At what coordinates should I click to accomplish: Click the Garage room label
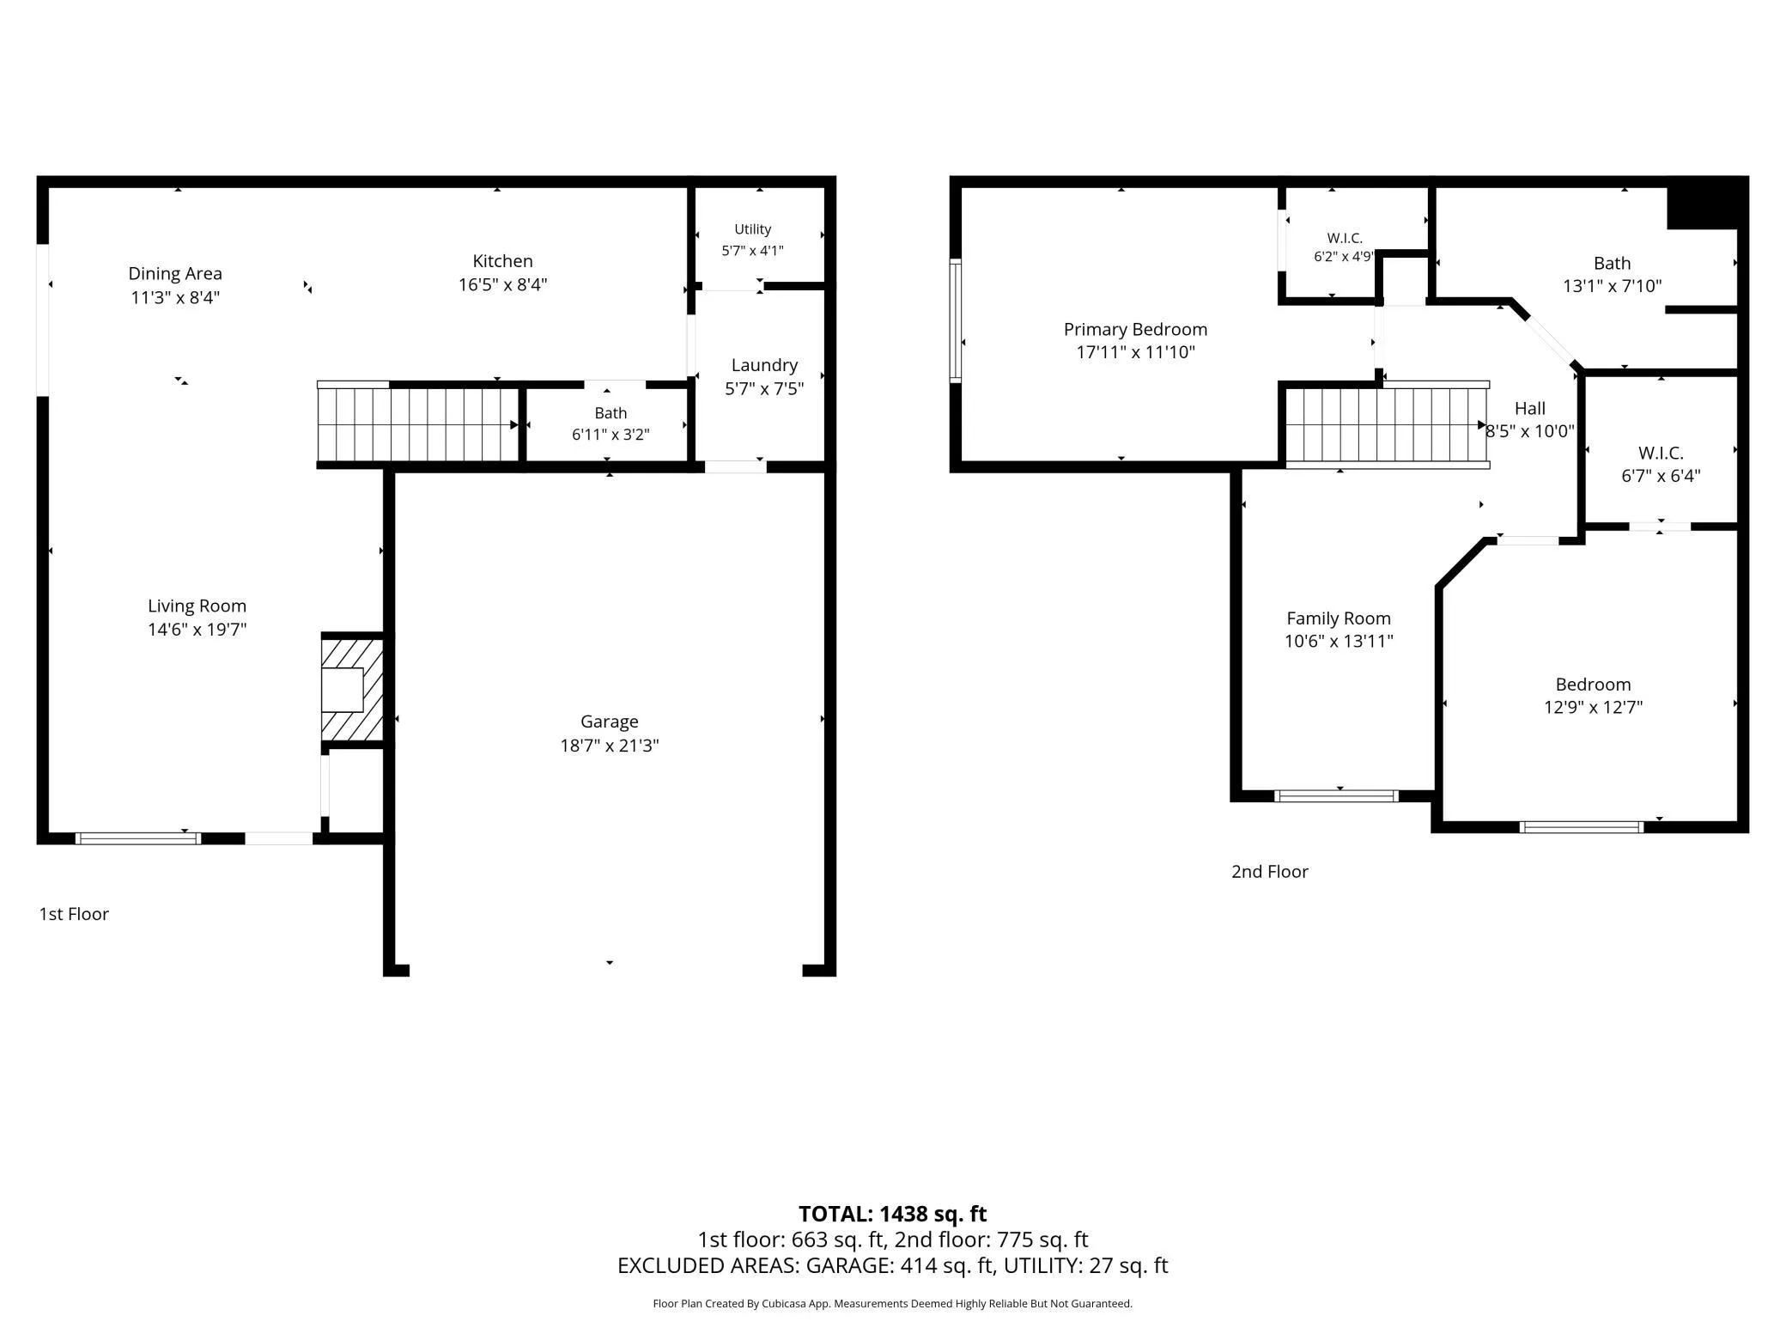coord(609,722)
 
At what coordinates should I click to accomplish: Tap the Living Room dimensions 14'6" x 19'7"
coord(197,630)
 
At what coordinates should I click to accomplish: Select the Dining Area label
coord(175,274)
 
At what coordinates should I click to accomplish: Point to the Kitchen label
coord(502,261)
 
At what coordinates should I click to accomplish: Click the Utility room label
coord(752,229)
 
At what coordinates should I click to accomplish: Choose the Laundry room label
coord(764,366)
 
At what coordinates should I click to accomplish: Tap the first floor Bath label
coord(611,413)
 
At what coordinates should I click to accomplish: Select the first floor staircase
coord(419,424)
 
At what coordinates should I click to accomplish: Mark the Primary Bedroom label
coord(1135,329)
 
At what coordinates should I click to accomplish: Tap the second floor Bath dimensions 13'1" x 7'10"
coord(1612,286)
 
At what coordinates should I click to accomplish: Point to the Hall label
coord(1530,409)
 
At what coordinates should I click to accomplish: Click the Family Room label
coord(1339,618)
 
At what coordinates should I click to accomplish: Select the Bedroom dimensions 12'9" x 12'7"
coord(1593,707)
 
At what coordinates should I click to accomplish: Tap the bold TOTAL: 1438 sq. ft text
coord(892,1214)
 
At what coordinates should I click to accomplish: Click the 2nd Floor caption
coord(1270,872)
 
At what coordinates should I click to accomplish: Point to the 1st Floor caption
coord(74,914)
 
